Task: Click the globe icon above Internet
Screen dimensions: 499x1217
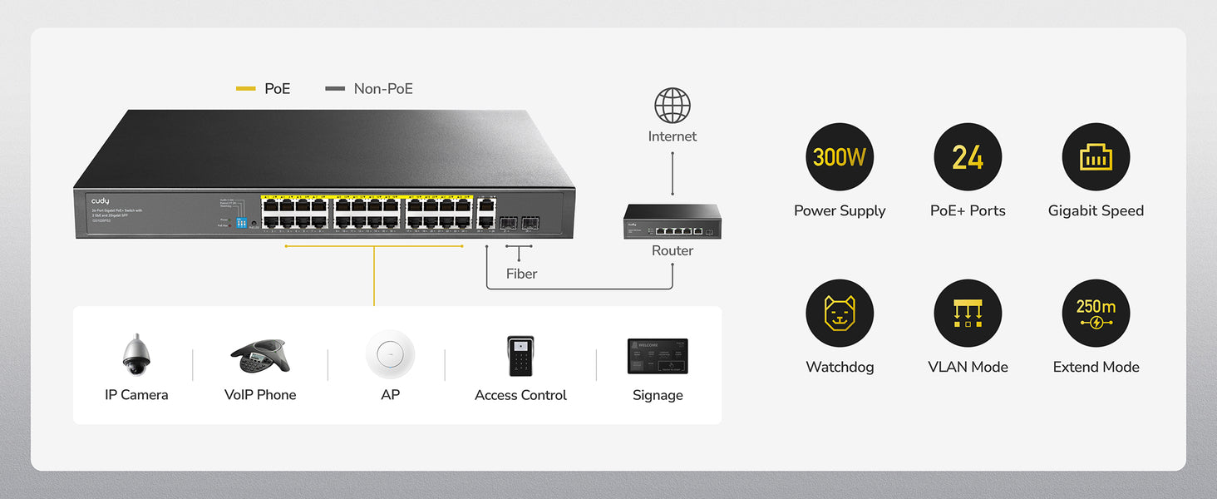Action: (x=673, y=106)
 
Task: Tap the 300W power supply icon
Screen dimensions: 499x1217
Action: (x=840, y=157)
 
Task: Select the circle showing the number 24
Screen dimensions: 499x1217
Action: (x=968, y=157)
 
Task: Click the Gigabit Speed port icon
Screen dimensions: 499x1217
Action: (x=1096, y=157)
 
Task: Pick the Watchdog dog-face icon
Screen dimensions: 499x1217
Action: (x=840, y=313)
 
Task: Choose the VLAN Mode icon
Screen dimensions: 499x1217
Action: (x=968, y=313)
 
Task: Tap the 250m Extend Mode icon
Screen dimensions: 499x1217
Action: (x=1096, y=313)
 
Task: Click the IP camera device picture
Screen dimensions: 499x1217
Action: (x=135, y=355)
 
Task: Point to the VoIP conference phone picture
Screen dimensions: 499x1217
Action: (x=259, y=356)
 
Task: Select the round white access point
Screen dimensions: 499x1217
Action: (x=390, y=354)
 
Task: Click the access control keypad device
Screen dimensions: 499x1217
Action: (x=520, y=356)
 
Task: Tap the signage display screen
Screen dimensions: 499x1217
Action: (x=658, y=356)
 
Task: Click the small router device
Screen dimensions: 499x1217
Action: (x=673, y=222)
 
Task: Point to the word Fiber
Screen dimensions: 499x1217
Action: (x=521, y=274)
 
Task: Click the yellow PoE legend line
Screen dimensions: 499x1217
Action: (x=246, y=88)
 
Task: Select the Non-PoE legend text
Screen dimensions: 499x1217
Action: (x=383, y=88)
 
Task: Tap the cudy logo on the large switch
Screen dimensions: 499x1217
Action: (x=101, y=201)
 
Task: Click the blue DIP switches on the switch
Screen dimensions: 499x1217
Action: (x=242, y=223)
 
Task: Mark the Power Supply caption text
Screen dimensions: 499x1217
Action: (x=840, y=210)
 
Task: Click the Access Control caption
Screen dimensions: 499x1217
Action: (x=520, y=395)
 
